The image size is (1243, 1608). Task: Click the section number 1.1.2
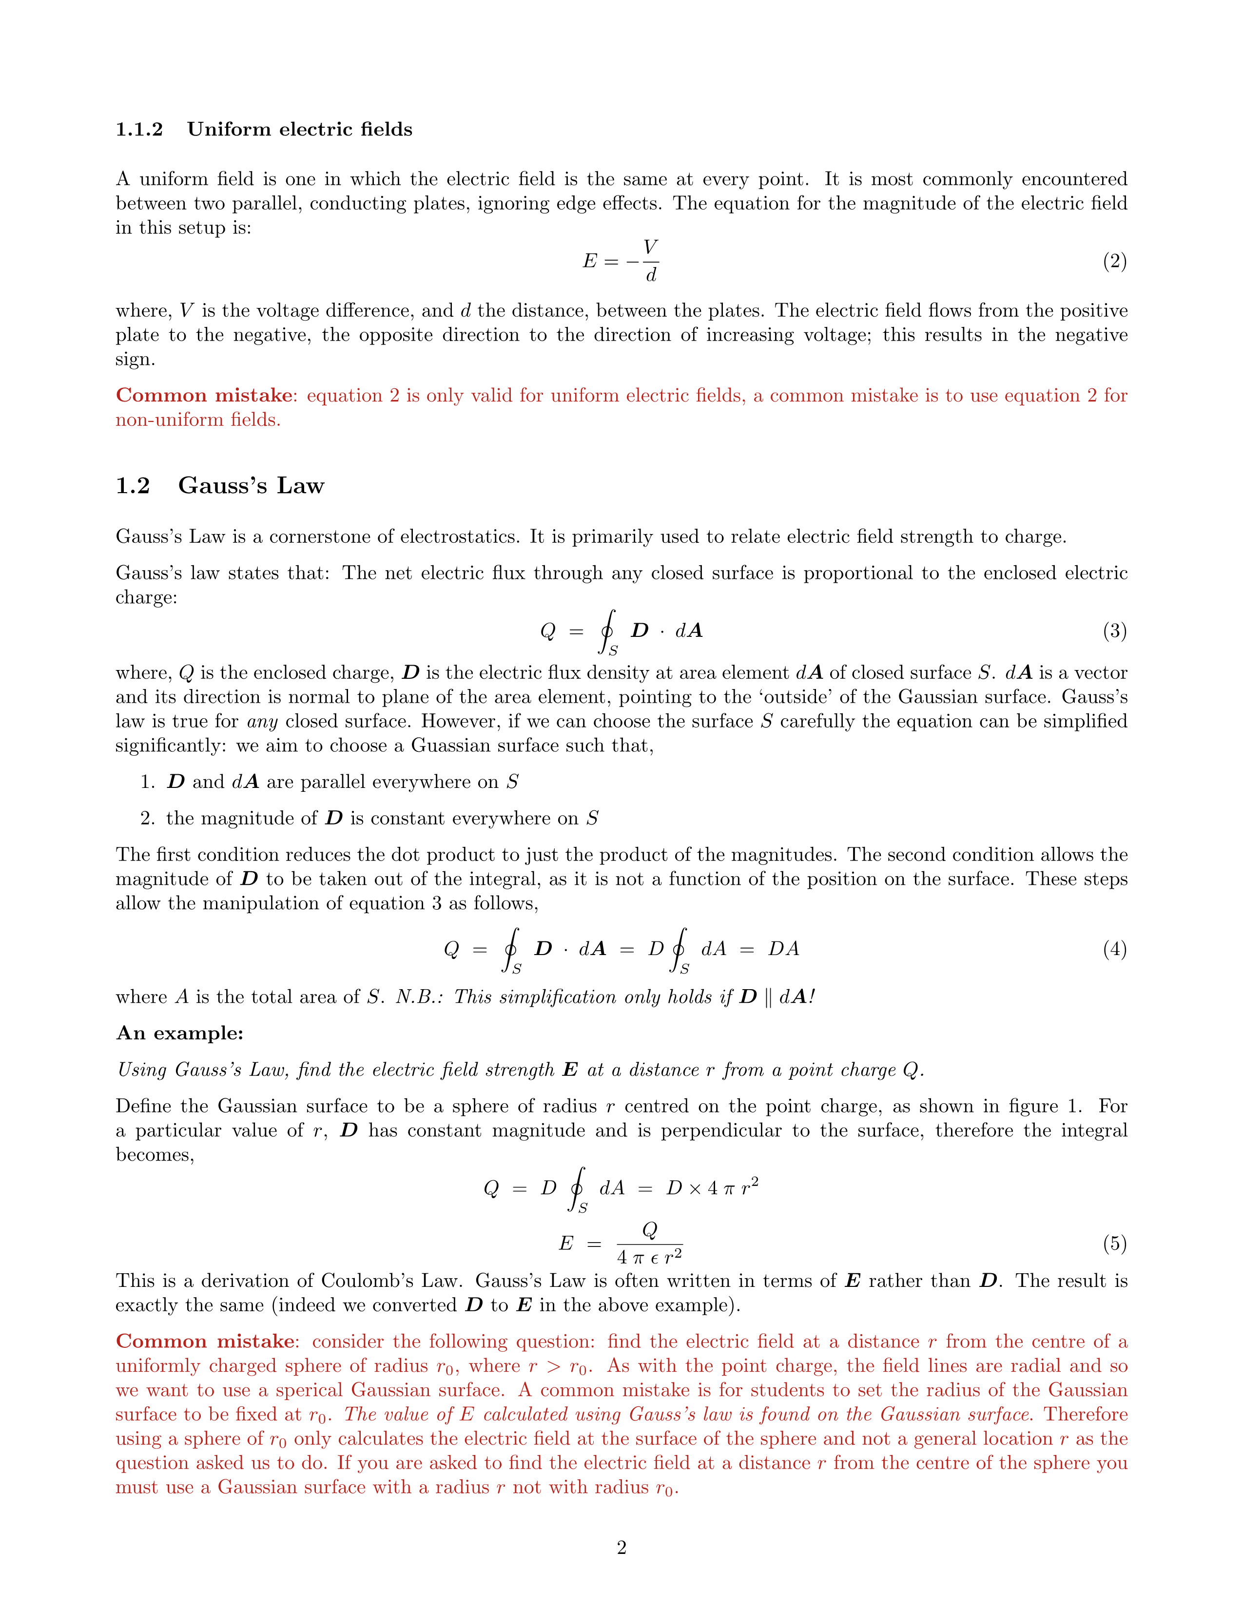pos(139,130)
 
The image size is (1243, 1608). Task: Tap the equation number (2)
pos(1114,261)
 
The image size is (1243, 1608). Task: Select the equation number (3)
pos(1114,631)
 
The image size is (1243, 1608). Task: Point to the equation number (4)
pos(1114,949)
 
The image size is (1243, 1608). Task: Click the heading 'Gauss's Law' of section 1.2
pos(251,486)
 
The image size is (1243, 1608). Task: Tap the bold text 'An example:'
pos(180,1033)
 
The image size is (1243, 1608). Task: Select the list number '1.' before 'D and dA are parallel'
pos(147,782)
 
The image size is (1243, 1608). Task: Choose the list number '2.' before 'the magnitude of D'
pos(147,819)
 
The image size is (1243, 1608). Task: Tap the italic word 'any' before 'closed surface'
pos(262,722)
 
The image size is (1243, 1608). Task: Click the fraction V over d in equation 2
pos(650,261)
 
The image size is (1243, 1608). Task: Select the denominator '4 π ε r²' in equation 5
pos(649,1257)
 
